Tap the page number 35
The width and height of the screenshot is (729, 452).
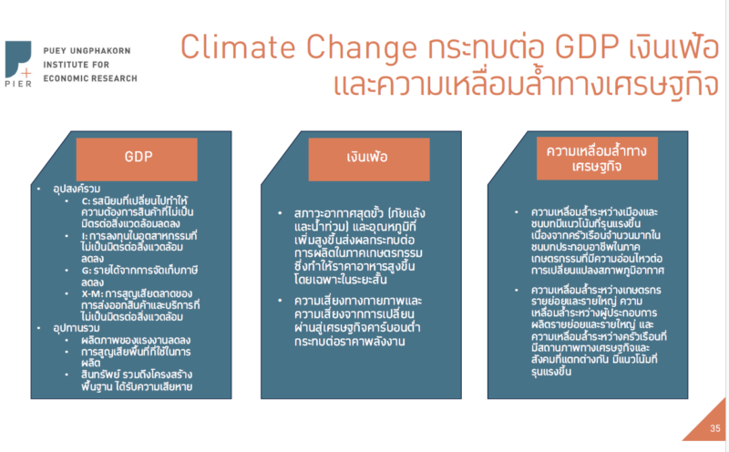[715, 428]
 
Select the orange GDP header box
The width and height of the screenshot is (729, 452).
[137, 159]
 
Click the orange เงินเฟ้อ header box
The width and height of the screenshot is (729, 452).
[369, 159]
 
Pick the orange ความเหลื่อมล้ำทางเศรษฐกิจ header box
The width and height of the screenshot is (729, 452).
[597, 158]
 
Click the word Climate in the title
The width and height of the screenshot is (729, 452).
[239, 47]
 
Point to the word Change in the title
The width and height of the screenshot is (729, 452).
[361, 48]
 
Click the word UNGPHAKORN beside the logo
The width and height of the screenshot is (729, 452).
[100, 51]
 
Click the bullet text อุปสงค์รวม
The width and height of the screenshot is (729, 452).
[77, 189]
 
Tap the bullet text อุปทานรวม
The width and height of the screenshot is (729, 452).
[77, 328]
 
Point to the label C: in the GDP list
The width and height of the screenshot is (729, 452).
[86, 201]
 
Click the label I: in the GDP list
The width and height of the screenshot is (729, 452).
[84, 236]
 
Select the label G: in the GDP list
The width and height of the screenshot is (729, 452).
[86, 271]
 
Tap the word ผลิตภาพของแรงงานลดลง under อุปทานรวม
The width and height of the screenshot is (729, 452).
[136, 340]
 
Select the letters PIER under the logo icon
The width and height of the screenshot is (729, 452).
[18, 84]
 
